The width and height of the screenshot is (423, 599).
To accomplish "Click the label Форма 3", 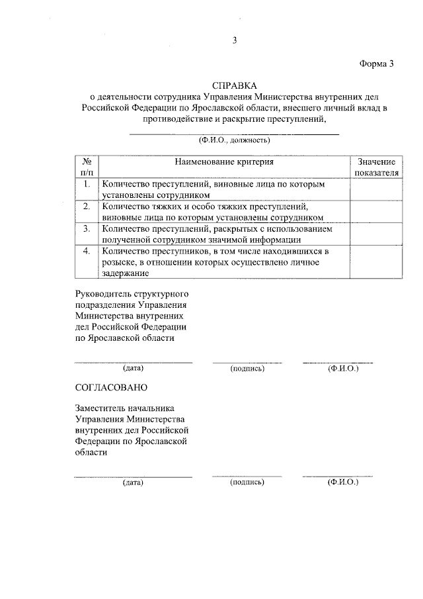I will (x=377, y=64).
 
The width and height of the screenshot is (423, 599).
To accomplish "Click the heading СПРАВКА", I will (x=234, y=86).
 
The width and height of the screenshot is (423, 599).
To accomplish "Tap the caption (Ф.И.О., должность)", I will (x=234, y=140).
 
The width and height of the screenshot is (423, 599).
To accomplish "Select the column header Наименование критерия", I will (x=223, y=161).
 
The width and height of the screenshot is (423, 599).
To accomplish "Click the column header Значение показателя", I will (x=376, y=167).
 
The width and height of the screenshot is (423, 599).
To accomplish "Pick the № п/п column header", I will (x=86, y=167).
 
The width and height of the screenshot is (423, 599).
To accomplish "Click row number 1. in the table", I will (x=86, y=185).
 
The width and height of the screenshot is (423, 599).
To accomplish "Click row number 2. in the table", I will (x=86, y=207).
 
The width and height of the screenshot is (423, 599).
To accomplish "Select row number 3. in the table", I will (x=86, y=229).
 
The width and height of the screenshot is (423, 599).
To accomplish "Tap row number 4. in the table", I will (x=86, y=252).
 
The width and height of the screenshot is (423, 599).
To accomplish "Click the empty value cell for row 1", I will (x=376, y=189).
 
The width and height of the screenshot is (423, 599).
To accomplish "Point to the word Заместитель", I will (x=102, y=409).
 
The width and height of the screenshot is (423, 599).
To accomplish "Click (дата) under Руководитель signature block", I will (x=133, y=367).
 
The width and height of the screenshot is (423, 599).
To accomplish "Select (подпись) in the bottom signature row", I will (x=247, y=483).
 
